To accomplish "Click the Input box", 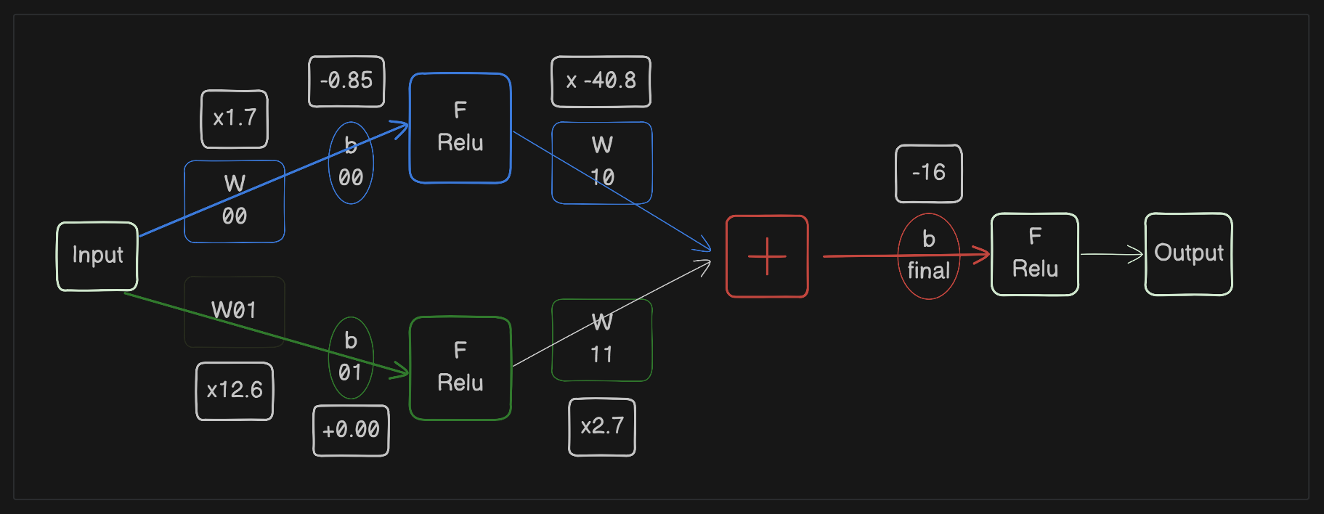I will click(97, 256).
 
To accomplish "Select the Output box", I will click(1188, 254).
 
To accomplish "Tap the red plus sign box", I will click(767, 256).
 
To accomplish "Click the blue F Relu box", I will click(460, 128).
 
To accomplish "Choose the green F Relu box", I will click(460, 368).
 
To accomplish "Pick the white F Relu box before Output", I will click(1034, 254).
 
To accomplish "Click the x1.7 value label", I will click(234, 118).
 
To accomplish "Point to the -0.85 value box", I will click(346, 81).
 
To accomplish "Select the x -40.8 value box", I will click(601, 81).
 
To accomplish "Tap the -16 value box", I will click(928, 173).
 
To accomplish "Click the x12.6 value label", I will click(234, 391).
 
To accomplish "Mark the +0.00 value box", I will click(351, 430).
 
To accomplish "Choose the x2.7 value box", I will click(601, 427).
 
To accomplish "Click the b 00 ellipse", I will click(351, 163).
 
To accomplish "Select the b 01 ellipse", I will click(351, 358).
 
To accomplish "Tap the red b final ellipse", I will click(928, 256).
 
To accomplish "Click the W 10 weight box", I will click(601, 163).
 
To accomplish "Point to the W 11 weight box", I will click(601, 340).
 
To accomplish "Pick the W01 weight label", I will click(234, 311).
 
